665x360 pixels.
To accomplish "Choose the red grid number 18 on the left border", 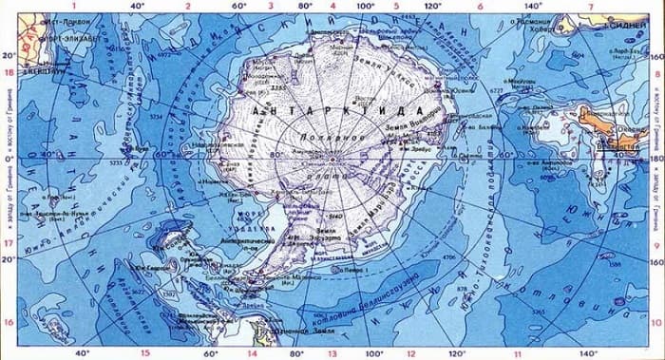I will [8, 72].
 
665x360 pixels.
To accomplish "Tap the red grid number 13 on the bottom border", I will [332, 354].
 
